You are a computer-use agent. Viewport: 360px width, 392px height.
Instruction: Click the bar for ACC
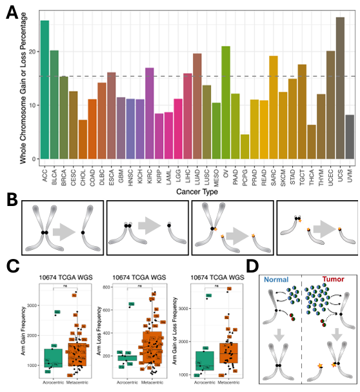coord(45,90)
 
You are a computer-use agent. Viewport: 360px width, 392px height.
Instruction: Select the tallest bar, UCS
coord(340,88)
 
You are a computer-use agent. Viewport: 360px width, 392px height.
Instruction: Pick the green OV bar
coord(226,103)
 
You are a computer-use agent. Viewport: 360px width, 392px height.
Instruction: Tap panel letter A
coord(11,12)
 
